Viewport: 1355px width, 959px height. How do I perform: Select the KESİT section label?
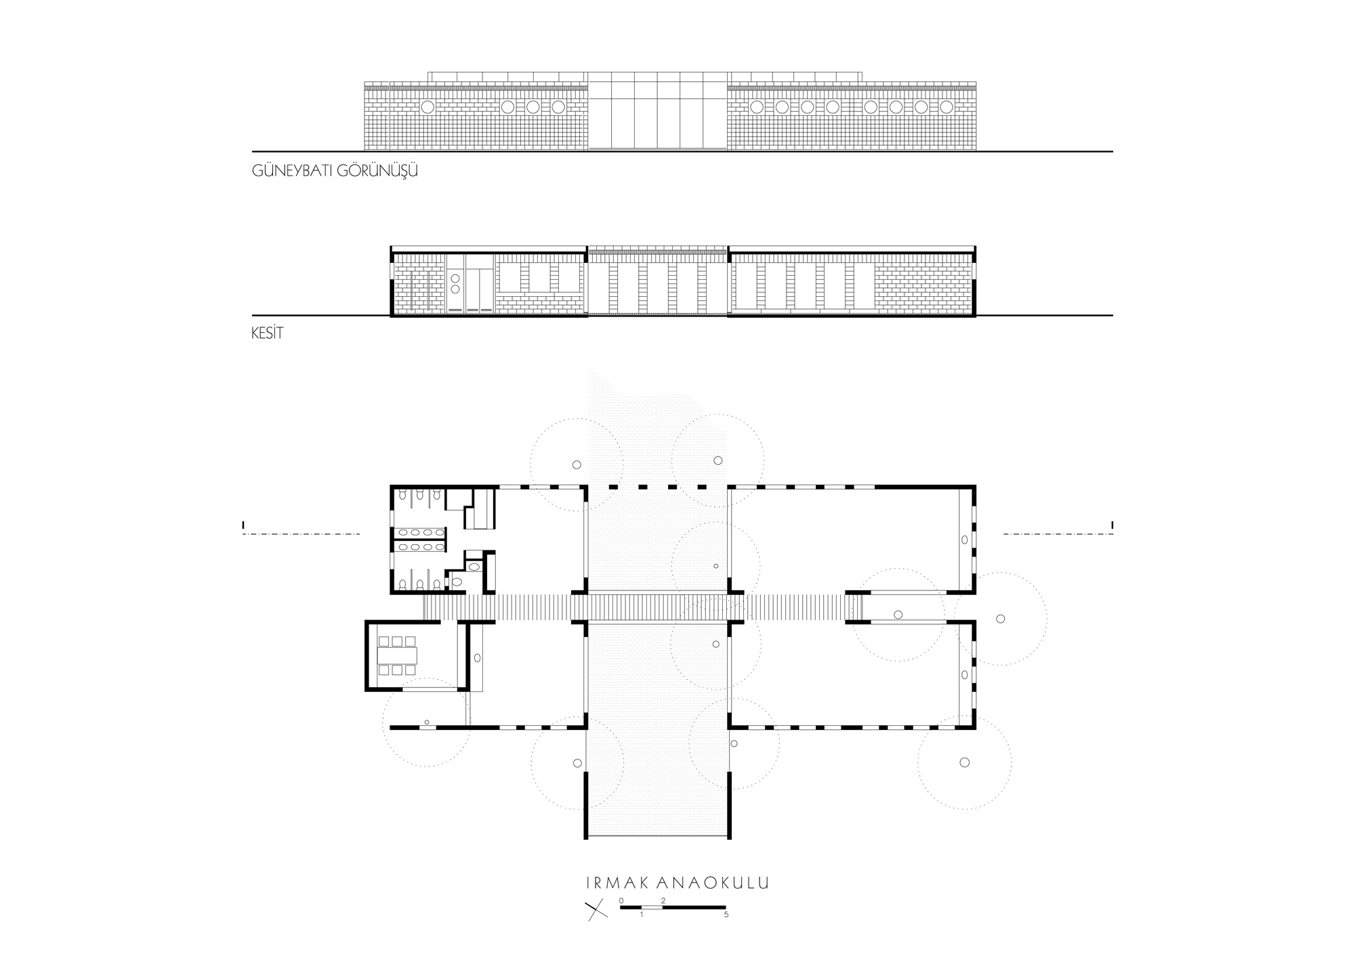point(267,334)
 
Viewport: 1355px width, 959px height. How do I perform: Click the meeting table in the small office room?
point(397,655)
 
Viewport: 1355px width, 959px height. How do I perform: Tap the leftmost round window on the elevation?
point(428,107)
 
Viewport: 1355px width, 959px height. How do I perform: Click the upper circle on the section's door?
point(455,278)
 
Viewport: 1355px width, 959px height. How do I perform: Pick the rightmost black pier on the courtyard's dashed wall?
point(703,487)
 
